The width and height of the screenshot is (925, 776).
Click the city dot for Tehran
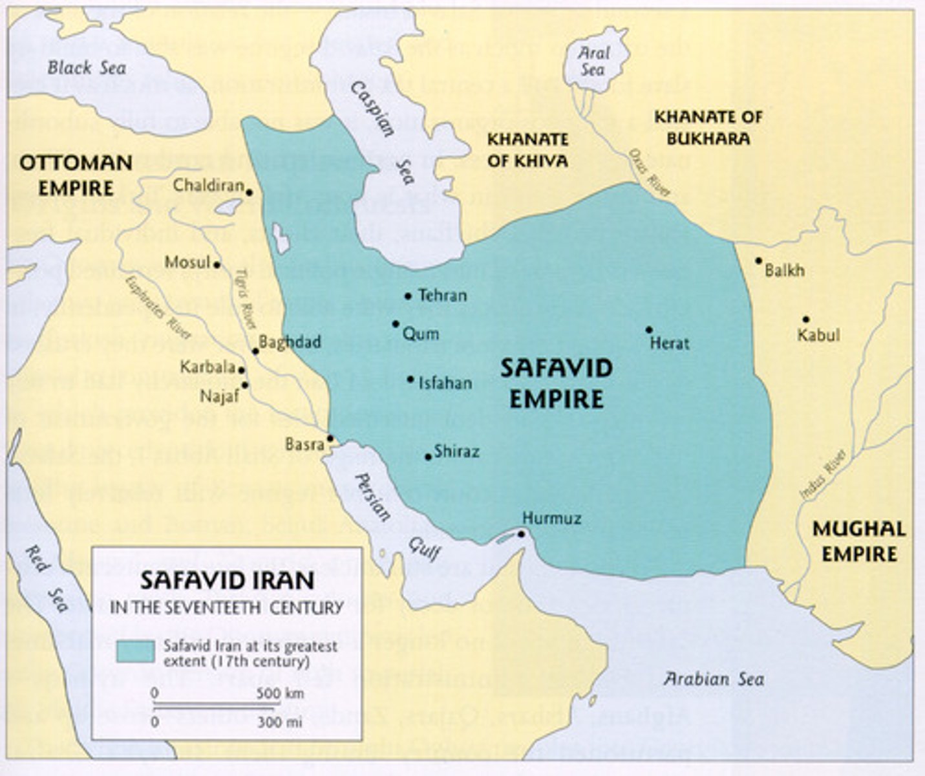pos(408,296)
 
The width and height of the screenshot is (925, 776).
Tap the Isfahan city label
pos(445,383)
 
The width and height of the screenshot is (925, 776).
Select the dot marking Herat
pos(649,330)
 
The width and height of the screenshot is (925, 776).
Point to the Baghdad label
pos(290,341)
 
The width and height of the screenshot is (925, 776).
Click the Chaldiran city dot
pos(249,192)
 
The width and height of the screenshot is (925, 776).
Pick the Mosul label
pos(187,263)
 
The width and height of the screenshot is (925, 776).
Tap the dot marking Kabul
pos(806,319)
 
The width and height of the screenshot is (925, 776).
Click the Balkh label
pos(785,270)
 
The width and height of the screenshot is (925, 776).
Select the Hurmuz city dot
pos(521,533)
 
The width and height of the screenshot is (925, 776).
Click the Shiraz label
pos(456,451)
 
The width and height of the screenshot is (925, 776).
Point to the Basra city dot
pos(330,438)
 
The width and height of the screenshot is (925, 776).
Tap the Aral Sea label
pos(593,61)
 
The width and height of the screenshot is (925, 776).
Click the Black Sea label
pos(87,68)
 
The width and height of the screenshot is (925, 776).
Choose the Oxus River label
pos(650,173)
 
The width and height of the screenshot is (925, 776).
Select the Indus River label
pos(822,475)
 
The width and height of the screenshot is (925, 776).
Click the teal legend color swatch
pos(135,651)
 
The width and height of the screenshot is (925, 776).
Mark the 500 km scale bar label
pos(280,694)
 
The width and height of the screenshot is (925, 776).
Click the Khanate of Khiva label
pos(527,149)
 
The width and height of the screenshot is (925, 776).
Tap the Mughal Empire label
pos(858,541)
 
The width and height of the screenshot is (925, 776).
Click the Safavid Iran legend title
pos(227,580)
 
